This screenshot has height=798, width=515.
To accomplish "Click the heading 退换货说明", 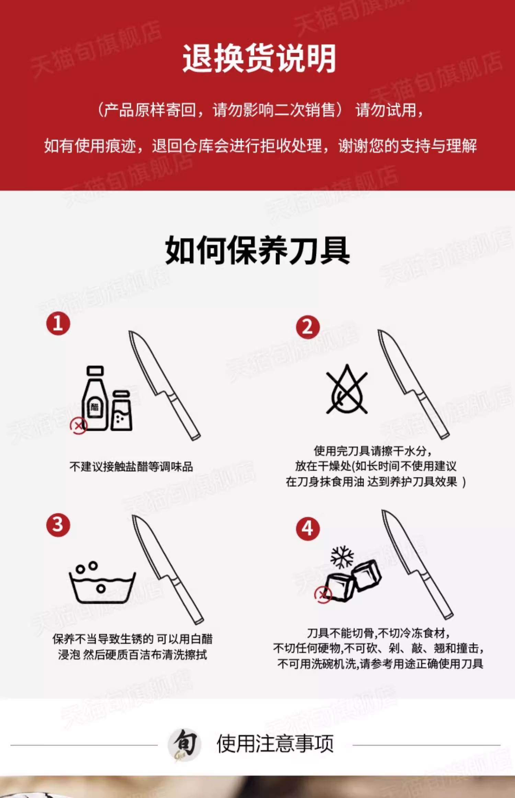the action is click(259, 58).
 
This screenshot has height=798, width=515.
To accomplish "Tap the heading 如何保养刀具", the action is click(257, 250).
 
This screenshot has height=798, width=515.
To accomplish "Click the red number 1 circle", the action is click(58, 323).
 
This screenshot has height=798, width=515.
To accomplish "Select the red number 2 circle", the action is click(308, 327).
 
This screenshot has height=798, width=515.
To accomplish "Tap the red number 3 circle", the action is click(58, 525).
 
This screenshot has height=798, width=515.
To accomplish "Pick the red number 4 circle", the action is click(308, 529).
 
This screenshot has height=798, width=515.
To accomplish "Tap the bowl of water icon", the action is click(102, 582).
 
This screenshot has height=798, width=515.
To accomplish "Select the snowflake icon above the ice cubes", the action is click(342, 557).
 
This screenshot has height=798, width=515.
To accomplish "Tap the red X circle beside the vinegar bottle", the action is click(79, 426).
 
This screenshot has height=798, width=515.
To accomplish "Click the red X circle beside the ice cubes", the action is click(323, 595).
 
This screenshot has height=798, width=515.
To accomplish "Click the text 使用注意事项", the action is click(275, 744).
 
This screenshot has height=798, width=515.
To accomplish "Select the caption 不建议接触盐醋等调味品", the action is click(131, 467).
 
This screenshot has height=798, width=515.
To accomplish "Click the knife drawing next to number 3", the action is click(168, 569).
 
